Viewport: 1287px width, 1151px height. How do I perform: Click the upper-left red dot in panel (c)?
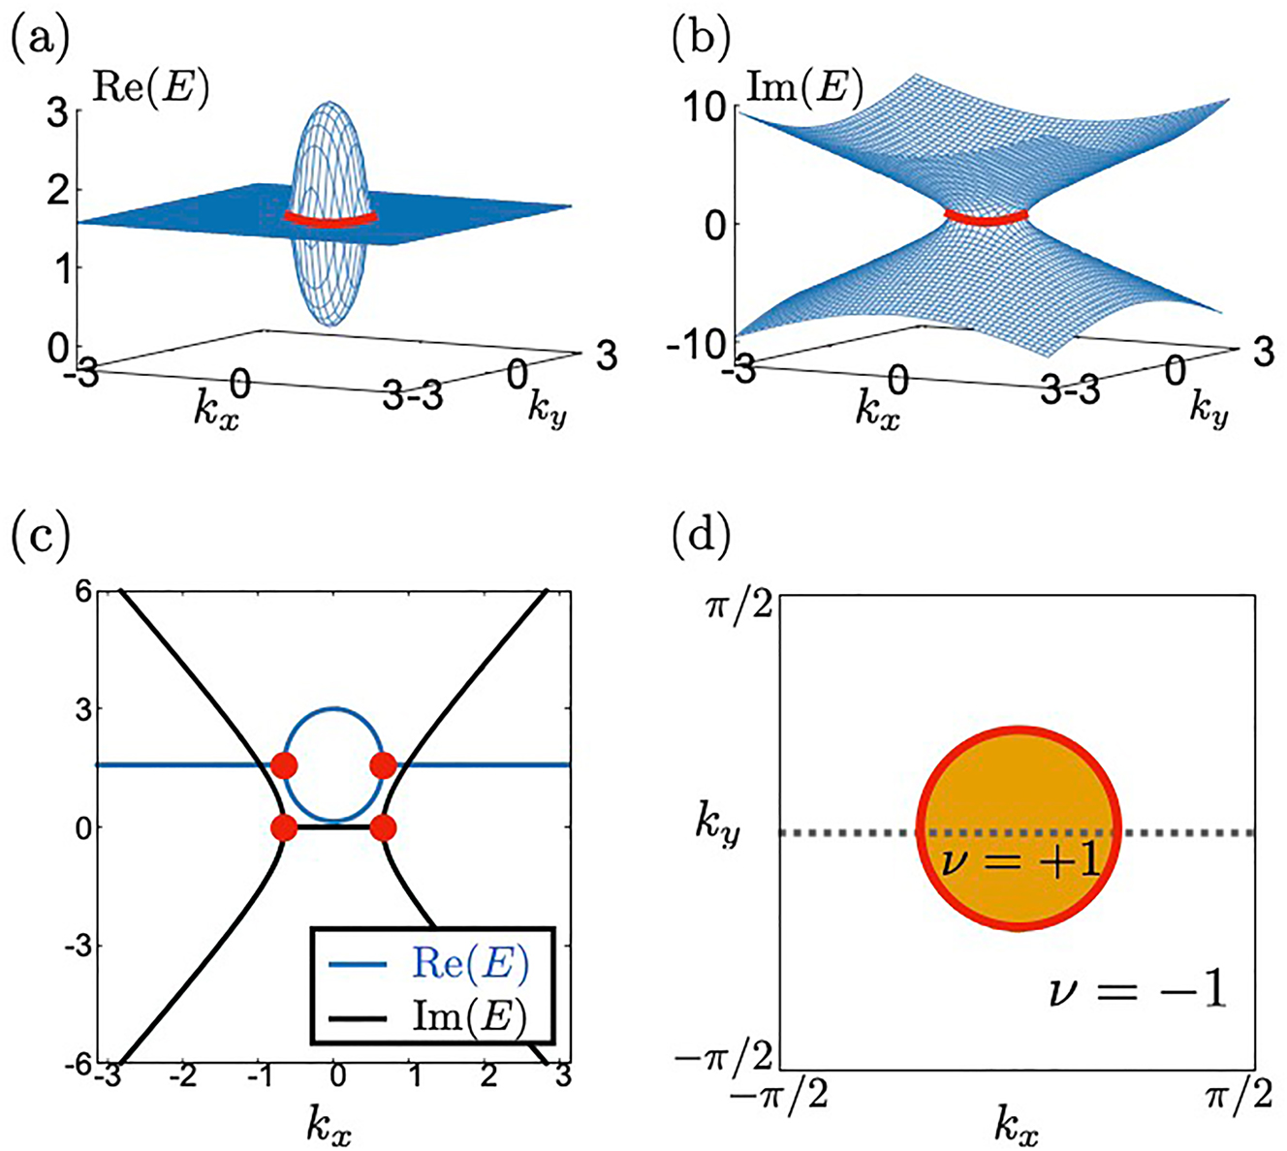click(x=283, y=765)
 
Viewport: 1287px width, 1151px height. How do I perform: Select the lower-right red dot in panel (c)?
click(x=383, y=828)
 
